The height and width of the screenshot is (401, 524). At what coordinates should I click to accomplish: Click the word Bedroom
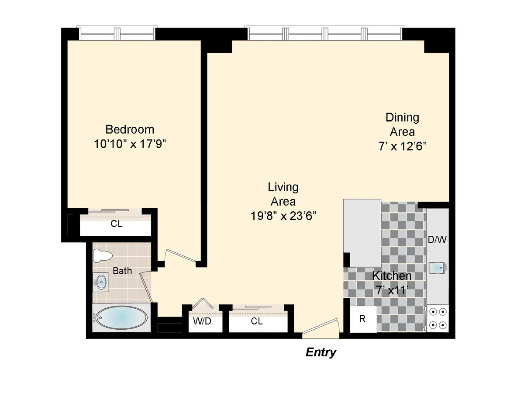pos(130,129)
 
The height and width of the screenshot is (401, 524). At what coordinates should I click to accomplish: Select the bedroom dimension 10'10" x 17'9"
pos(130,144)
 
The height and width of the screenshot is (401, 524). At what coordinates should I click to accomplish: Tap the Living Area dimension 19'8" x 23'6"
pos(283,215)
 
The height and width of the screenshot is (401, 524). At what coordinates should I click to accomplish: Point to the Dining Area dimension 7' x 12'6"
pos(402,146)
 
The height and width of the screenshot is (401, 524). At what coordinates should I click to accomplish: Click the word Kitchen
pos(391,276)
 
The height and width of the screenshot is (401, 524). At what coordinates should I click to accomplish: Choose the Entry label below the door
pos(321,352)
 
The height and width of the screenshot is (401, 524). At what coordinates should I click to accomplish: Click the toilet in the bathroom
pos(103,256)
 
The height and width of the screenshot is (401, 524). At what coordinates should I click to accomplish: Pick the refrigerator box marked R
pos(362,319)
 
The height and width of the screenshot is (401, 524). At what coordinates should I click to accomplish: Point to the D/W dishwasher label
pos(437,240)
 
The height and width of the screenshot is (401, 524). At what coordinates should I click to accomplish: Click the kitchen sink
pos(437,267)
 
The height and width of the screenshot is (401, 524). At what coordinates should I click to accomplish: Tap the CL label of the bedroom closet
pos(117,224)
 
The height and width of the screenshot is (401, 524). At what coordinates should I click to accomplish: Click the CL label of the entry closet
pos(257,321)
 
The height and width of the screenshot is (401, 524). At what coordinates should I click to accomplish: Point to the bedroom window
pos(117,33)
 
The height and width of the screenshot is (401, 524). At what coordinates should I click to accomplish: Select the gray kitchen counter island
pos(362,233)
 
